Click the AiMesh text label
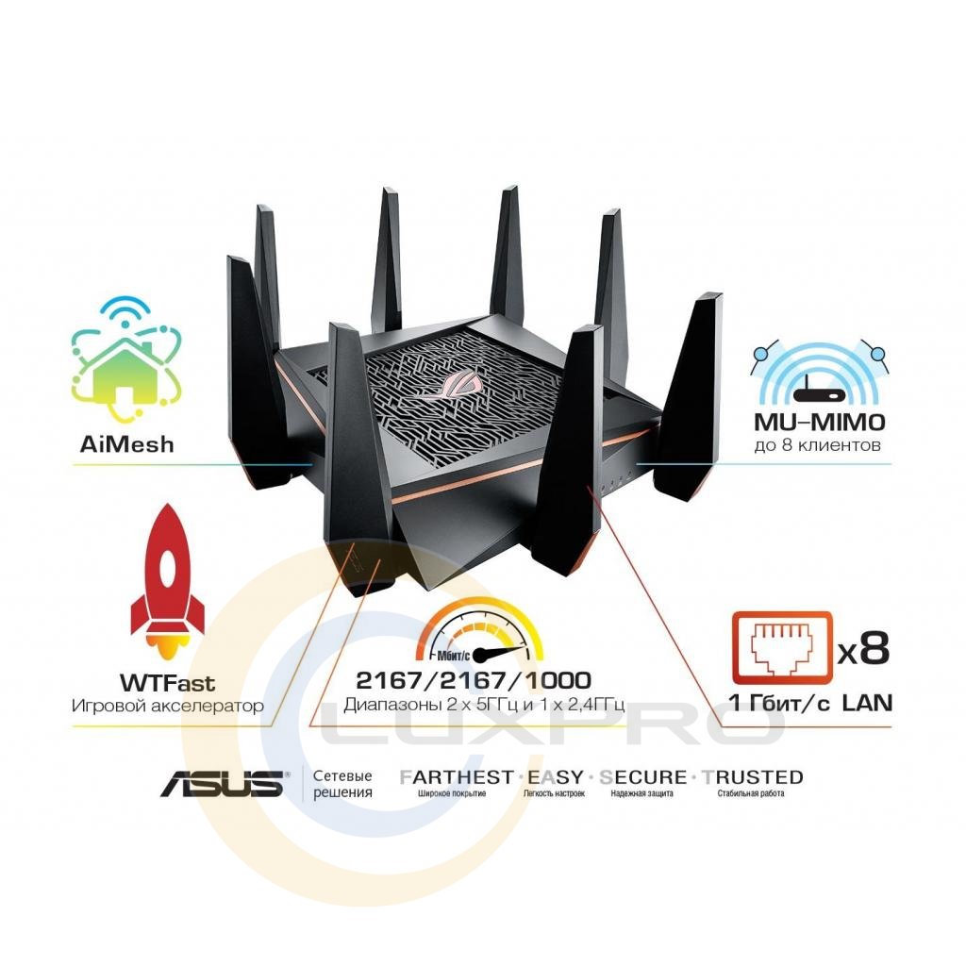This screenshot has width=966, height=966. coord(127,444)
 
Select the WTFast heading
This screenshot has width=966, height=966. coord(167,681)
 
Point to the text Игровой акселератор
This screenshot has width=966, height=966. coord(167,705)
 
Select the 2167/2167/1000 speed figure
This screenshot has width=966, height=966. coord(473,680)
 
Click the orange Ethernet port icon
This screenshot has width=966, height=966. coord(782,647)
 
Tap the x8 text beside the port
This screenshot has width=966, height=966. coord(863,648)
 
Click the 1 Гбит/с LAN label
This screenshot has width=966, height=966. coord(809,702)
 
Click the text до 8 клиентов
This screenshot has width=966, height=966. coord(819,442)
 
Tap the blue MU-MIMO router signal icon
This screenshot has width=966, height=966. coord(819,373)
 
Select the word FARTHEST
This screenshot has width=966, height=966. coord(457,777)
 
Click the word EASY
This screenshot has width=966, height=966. coord(555,777)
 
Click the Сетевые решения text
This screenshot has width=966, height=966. coord(342,784)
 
